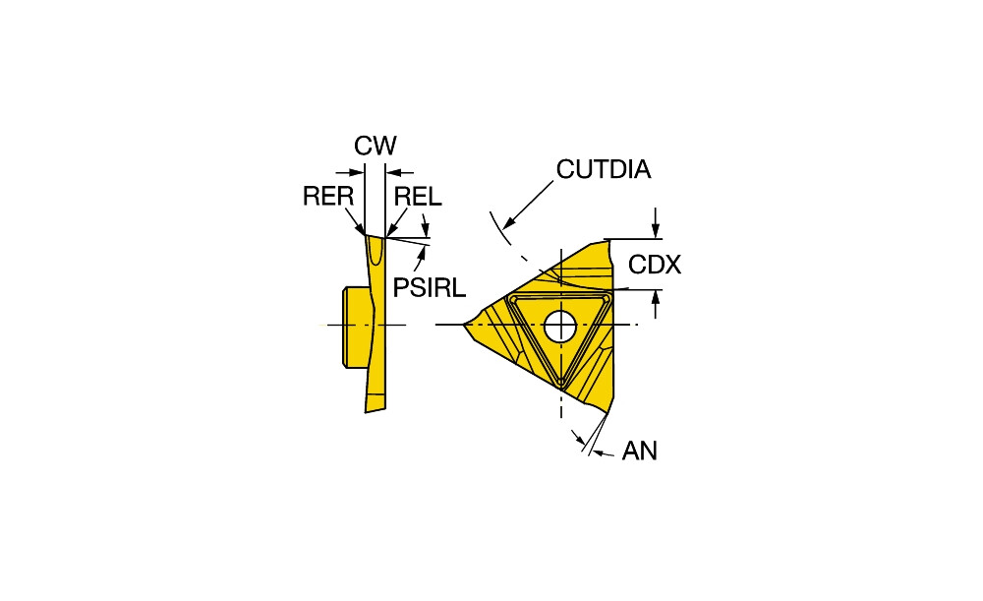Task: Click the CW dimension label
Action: point(376,147)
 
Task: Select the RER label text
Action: point(327,197)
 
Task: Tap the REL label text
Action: point(418,197)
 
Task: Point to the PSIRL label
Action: point(429,286)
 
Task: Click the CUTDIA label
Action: point(604,169)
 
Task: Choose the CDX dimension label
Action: point(655,265)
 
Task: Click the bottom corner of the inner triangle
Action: point(560,382)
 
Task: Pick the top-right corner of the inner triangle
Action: point(608,296)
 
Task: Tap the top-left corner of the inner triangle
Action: point(512,296)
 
